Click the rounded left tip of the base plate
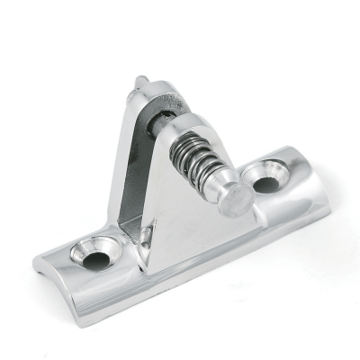coord(38,264)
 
